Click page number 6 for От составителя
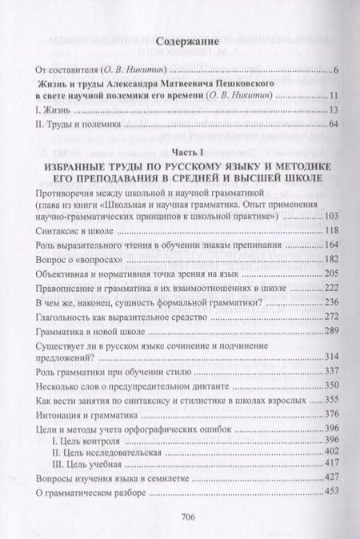(x=338, y=72)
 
